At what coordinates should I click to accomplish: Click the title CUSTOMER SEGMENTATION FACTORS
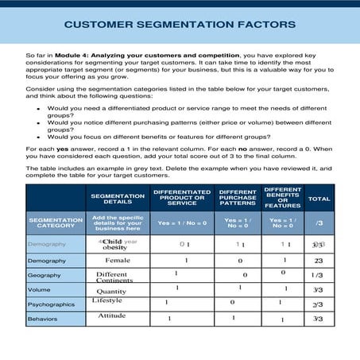(x=180, y=24)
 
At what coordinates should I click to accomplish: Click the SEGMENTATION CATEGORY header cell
(x=56, y=223)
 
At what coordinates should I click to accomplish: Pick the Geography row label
(x=45, y=275)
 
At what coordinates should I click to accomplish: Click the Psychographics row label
(x=52, y=304)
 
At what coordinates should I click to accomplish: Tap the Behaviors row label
(x=43, y=319)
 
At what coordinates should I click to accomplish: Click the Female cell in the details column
(x=118, y=260)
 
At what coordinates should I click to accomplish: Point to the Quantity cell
(x=112, y=291)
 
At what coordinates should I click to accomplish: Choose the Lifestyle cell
(x=107, y=300)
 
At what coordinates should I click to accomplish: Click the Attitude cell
(x=112, y=315)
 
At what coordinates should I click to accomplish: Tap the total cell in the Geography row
(x=318, y=275)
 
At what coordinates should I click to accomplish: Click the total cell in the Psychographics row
(x=318, y=304)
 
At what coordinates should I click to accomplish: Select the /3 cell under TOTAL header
(x=319, y=223)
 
